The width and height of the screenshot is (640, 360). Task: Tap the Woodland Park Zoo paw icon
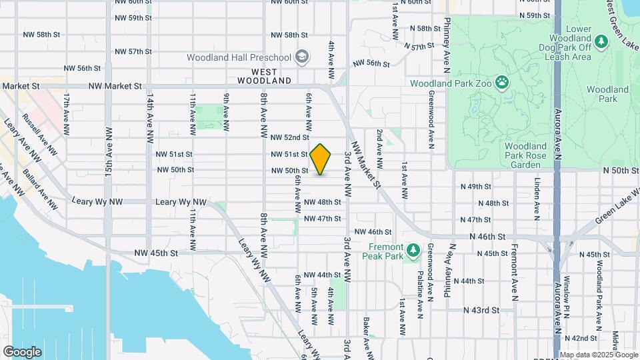click(x=501, y=83)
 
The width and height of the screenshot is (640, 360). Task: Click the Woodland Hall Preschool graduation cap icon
click(x=303, y=57)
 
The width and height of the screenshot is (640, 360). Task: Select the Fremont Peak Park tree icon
click(x=413, y=250)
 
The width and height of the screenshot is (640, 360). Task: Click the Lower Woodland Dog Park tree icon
click(x=602, y=41)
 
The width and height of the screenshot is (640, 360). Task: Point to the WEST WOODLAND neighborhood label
click(x=271, y=75)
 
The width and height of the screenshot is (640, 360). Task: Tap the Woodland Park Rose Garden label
click(x=526, y=155)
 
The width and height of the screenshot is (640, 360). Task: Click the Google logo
click(x=22, y=351)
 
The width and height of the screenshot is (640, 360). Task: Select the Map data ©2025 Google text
click(x=598, y=355)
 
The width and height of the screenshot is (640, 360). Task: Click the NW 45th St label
click(x=156, y=253)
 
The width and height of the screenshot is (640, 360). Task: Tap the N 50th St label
click(x=621, y=171)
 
